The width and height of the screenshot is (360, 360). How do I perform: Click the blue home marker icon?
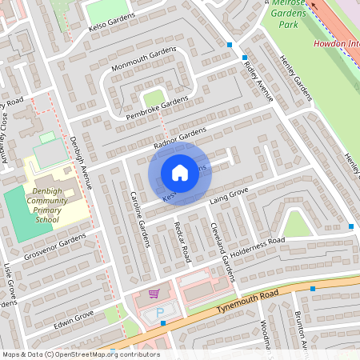coord(180,172)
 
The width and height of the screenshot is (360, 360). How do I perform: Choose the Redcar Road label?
coord(182,242)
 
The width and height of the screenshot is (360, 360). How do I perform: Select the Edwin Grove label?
coord(74,318)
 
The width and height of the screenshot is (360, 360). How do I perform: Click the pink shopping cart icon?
coord(154,294)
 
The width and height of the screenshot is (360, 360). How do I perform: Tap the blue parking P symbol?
coord(159,310)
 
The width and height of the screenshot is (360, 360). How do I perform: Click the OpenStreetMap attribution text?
coord(81,354)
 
